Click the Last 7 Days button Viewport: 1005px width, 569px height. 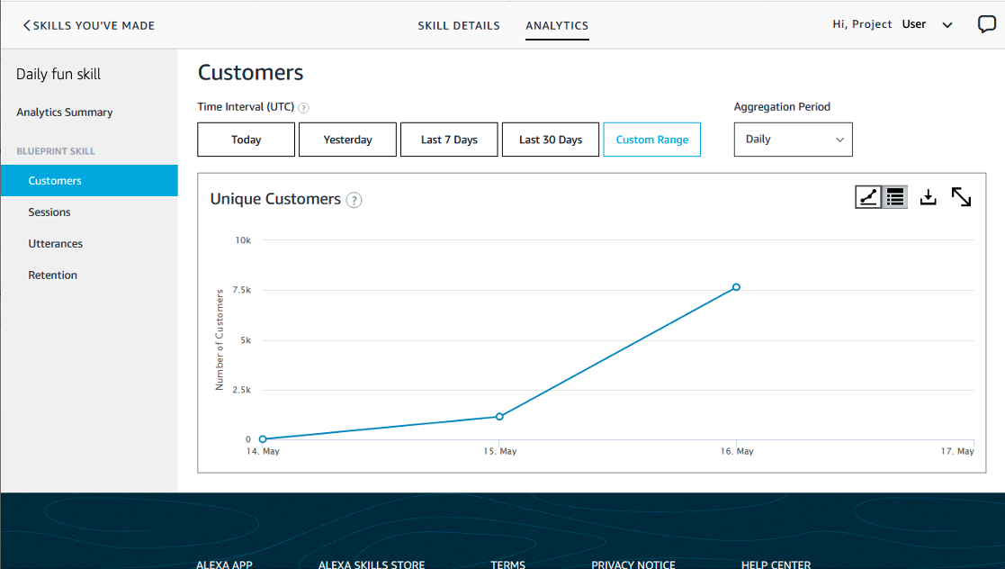(449, 140)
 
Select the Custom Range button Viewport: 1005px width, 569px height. (651, 140)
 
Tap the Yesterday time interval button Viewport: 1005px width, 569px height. (347, 140)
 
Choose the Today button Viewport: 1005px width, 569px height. (246, 140)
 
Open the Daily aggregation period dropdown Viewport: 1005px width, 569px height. (793, 140)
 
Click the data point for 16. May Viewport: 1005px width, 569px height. (736, 287)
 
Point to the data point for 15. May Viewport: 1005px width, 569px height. (499, 417)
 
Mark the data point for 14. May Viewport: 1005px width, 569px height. (263, 439)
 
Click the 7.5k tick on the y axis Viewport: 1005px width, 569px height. (241, 290)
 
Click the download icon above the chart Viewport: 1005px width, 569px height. (929, 197)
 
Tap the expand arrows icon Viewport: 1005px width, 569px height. (961, 197)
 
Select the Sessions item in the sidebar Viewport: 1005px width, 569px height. (49, 212)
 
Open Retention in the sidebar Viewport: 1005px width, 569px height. (52, 275)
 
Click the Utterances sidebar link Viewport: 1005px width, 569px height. (55, 244)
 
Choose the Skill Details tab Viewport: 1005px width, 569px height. (459, 25)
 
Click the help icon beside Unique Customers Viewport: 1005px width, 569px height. (354, 200)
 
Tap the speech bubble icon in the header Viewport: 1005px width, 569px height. (986, 25)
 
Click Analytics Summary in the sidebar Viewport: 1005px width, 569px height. (65, 113)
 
